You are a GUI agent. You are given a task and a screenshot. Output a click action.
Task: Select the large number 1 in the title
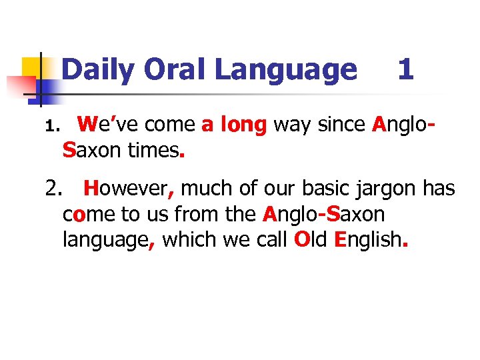pyautogui.click(x=405, y=70)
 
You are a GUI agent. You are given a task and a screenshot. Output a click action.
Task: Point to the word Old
pyautogui.click(x=310, y=239)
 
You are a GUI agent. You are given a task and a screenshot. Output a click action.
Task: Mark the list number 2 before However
pyautogui.click(x=54, y=190)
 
